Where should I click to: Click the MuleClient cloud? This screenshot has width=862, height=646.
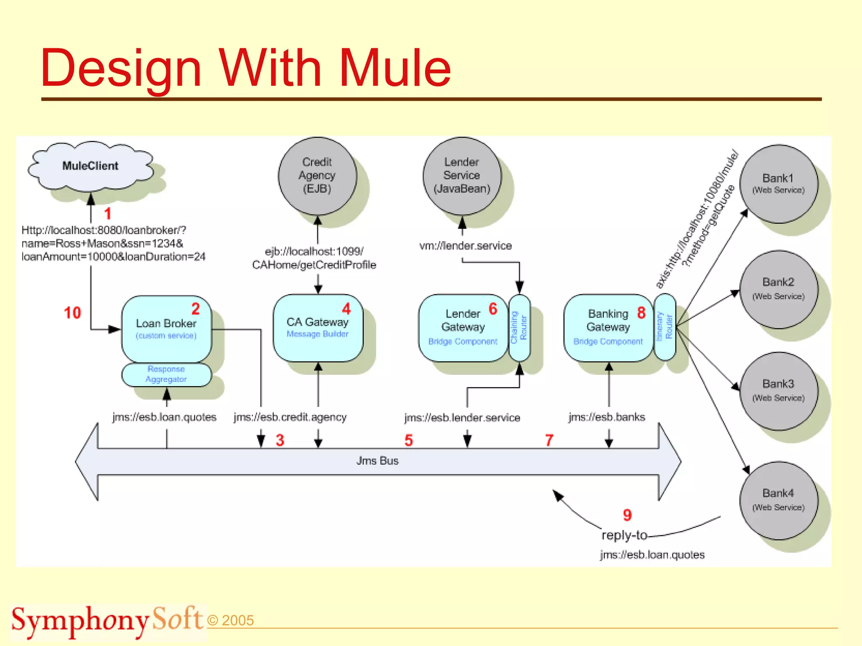click(x=90, y=166)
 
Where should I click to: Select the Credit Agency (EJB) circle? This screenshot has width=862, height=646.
click(x=317, y=176)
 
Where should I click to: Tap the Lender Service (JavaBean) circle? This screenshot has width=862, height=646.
click(x=462, y=176)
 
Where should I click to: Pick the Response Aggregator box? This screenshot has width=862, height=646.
click(x=166, y=374)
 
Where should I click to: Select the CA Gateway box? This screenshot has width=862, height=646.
click(x=318, y=328)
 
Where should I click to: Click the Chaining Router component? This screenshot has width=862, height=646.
click(x=519, y=328)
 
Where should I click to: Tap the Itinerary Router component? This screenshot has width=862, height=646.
click(x=665, y=327)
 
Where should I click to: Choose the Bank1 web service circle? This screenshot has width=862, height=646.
click(x=778, y=184)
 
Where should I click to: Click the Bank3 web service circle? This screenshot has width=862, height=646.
click(x=778, y=391)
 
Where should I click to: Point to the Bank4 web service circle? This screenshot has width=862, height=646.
click(x=778, y=500)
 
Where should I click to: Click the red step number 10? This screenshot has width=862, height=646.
click(x=72, y=313)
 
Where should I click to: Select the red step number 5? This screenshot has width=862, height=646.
click(x=408, y=440)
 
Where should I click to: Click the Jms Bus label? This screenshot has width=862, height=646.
click(x=377, y=461)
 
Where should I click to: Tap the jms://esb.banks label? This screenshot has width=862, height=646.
click(x=607, y=417)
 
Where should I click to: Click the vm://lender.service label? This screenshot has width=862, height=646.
click(x=466, y=246)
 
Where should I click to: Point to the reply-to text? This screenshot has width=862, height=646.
click(x=624, y=535)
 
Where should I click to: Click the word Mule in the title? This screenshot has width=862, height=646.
click(x=395, y=68)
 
